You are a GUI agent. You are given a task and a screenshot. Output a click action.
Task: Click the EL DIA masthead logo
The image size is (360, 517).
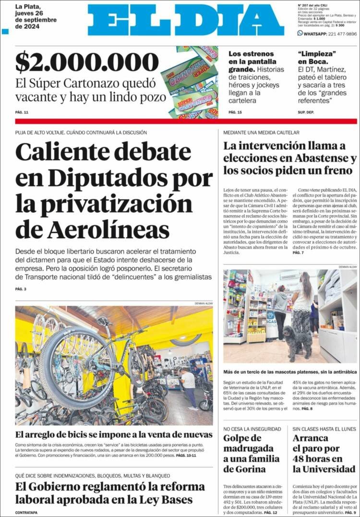click(186, 20)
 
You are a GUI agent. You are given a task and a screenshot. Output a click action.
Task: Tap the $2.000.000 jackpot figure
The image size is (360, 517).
click(87, 63)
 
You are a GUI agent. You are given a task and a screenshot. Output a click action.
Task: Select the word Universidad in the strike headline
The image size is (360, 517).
click(324, 469)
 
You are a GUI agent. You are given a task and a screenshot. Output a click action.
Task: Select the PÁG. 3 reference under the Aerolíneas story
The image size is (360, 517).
click(21, 289)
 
